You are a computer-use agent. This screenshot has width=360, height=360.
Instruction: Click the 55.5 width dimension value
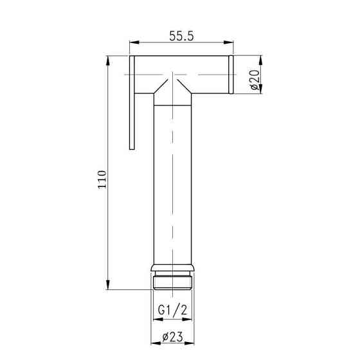click(x=182, y=36)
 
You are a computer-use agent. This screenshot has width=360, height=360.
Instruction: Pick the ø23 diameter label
click(x=174, y=336)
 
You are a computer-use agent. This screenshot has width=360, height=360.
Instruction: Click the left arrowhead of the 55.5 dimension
click(x=133, y=44)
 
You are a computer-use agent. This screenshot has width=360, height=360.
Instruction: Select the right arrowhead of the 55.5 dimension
click(x=230, y=44)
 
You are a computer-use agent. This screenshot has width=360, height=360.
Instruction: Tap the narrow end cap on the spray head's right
click(x=231, y=75)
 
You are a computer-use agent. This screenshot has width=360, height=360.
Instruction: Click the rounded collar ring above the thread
click(x=174, y=268)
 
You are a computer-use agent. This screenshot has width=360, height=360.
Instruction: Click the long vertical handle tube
click(x=174, y=180)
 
